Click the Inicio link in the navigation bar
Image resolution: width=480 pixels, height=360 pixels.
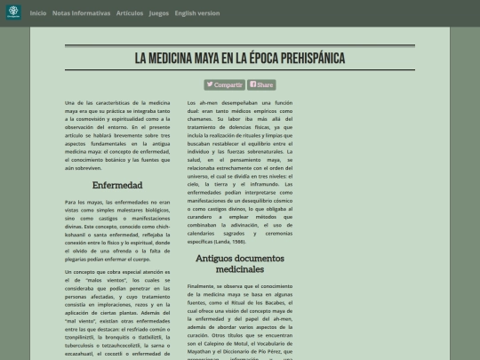click(38, 13)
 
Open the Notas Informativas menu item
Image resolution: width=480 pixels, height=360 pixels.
click(82, 13)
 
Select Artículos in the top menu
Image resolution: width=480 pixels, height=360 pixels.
click(129, 13)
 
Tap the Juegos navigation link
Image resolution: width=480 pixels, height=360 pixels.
click(158, 13)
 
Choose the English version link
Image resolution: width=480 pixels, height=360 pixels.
click(197, 13)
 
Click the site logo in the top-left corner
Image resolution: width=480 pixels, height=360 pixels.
click(12, 13)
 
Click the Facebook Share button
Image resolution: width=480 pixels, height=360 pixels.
click(261, 84)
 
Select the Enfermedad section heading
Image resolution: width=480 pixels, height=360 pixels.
click(117, 185)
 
